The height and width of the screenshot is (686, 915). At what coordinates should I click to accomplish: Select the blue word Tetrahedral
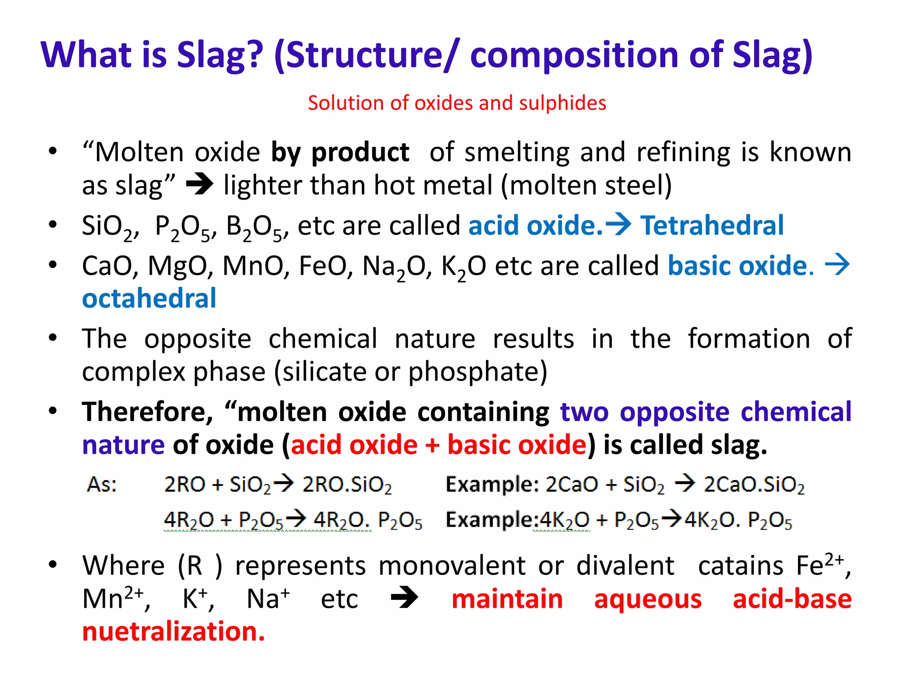point(712,225)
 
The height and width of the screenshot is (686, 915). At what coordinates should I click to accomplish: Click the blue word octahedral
point(149,298)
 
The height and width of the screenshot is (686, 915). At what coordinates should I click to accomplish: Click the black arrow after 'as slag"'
point(199,184)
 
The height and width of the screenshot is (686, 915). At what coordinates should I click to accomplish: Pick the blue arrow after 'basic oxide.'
point(837,264)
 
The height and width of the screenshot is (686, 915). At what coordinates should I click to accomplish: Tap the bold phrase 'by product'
point(340,152)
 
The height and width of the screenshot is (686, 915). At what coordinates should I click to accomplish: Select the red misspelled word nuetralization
point(173,632)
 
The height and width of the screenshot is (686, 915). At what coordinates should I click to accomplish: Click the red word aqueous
point(647,599)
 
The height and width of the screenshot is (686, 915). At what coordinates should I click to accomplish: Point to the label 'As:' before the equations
point(102,485)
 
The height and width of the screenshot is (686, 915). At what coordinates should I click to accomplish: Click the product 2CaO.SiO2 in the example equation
point(754,485)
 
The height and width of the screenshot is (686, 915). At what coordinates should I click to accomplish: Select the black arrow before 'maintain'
point(404,598)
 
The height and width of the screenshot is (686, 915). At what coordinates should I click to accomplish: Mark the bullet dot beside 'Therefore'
point(53,411)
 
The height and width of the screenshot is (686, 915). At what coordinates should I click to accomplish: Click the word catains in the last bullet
point(740,566)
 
